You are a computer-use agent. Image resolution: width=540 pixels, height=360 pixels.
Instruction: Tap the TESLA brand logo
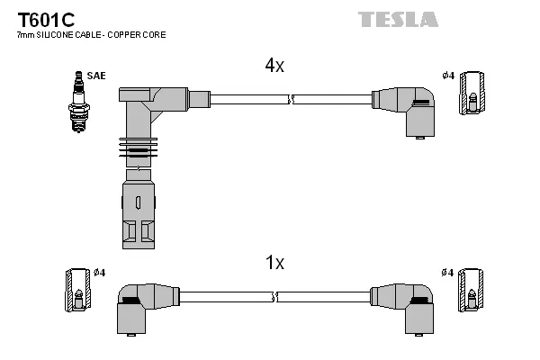tap(397, 19)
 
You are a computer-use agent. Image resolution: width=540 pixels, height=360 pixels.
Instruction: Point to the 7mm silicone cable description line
tap(91, 35)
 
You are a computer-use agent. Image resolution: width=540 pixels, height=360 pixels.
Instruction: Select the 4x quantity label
tap(274, 66)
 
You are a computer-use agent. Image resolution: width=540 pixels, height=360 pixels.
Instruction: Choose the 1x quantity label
tap(274, 263)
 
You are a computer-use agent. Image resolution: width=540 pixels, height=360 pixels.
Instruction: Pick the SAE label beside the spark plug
tap(96, 76)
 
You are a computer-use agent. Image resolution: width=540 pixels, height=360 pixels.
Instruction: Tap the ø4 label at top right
tap(447, 76)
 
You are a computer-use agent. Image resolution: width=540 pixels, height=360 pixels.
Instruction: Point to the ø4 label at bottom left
tap(100, 272)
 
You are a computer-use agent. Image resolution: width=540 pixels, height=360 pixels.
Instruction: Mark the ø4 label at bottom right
tap(447, 272)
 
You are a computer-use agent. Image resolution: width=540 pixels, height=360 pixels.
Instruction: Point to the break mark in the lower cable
tap(276, 296)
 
